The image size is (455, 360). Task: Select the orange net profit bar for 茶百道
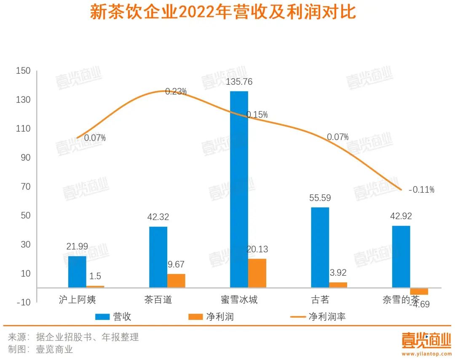click(x=176, y=281)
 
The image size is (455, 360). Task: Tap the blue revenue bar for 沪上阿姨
click(x=77, y=271)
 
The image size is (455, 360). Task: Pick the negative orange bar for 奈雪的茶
click(x=419, y=291)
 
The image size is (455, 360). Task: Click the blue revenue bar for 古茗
click(x=320, y=247)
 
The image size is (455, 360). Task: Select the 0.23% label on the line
click(x=176, y=91)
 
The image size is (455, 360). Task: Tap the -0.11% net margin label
click(x=422, y=190)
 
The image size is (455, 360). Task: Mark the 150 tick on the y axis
click(x=23, y=71)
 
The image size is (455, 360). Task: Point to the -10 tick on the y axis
click(x=24, y=302)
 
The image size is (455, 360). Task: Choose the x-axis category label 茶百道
click(x=158, y=300)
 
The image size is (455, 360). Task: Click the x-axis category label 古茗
click(x=320, y=300)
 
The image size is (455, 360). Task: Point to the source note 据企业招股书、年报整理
click(x=87, y=337)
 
